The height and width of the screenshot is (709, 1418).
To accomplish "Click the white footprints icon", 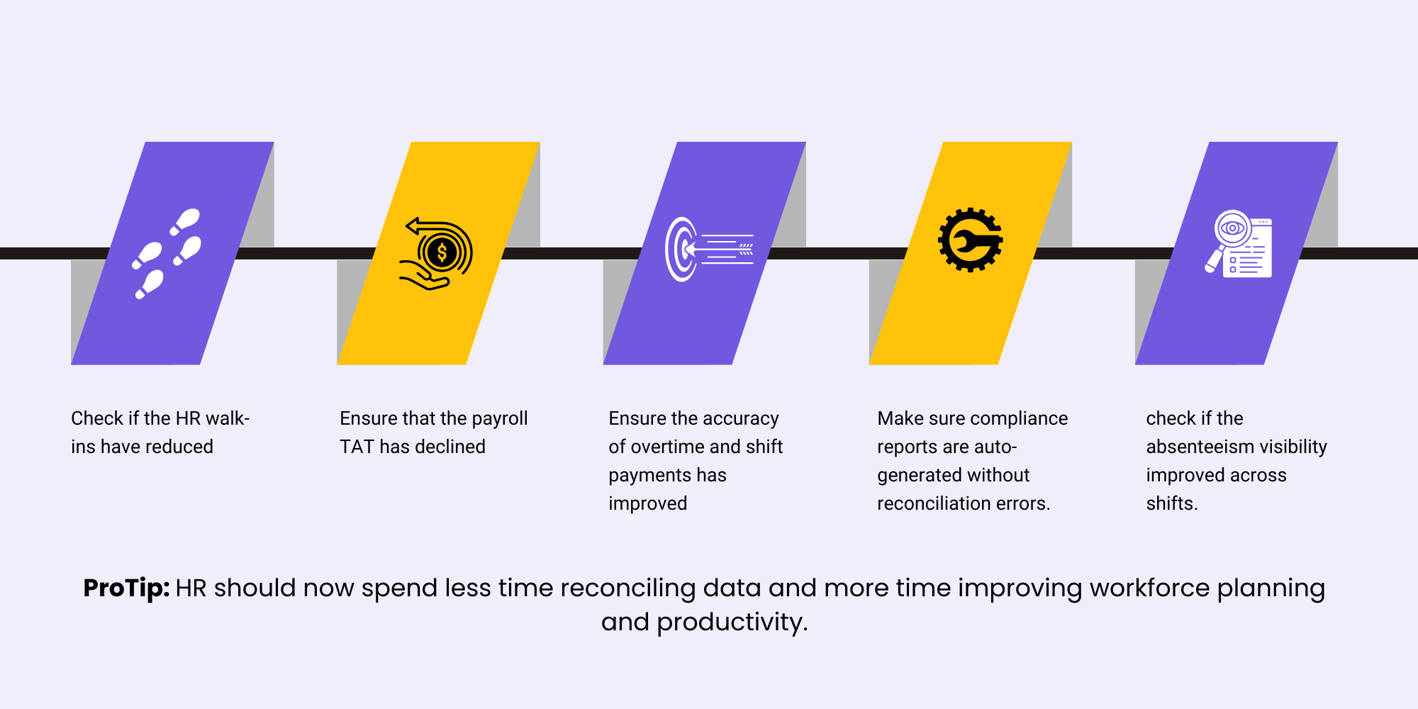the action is tap(167, 254).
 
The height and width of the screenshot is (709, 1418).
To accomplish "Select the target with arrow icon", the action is tap(709, 250).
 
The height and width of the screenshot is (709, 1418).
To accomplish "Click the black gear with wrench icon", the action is tap(970, 240).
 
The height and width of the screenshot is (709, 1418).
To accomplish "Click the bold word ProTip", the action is tap(126, 588).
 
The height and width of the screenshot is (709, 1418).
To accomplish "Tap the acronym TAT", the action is tap(357, 447).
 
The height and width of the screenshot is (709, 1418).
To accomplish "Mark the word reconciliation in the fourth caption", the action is tap(934, 503).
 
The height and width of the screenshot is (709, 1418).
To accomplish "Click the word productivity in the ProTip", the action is tap(732, 623).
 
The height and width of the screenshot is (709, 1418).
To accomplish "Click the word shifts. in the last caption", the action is tap(1172, 503).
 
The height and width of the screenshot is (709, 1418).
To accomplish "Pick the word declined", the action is tap(450, 447).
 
